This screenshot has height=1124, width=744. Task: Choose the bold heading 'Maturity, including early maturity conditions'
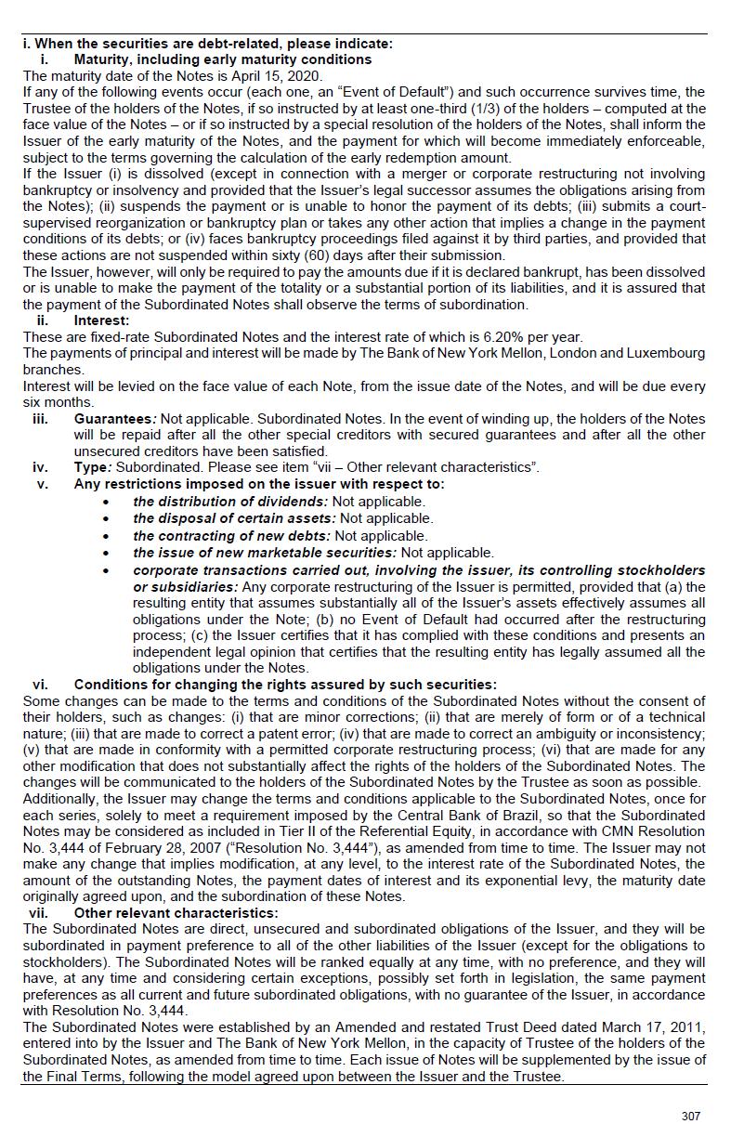(x=223, y=59)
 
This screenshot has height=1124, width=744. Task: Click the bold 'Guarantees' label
(x=114, y=419)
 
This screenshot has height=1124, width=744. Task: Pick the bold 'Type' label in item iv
(x=92, y=467)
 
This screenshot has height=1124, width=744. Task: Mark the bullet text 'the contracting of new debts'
(x=231, y=535)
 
